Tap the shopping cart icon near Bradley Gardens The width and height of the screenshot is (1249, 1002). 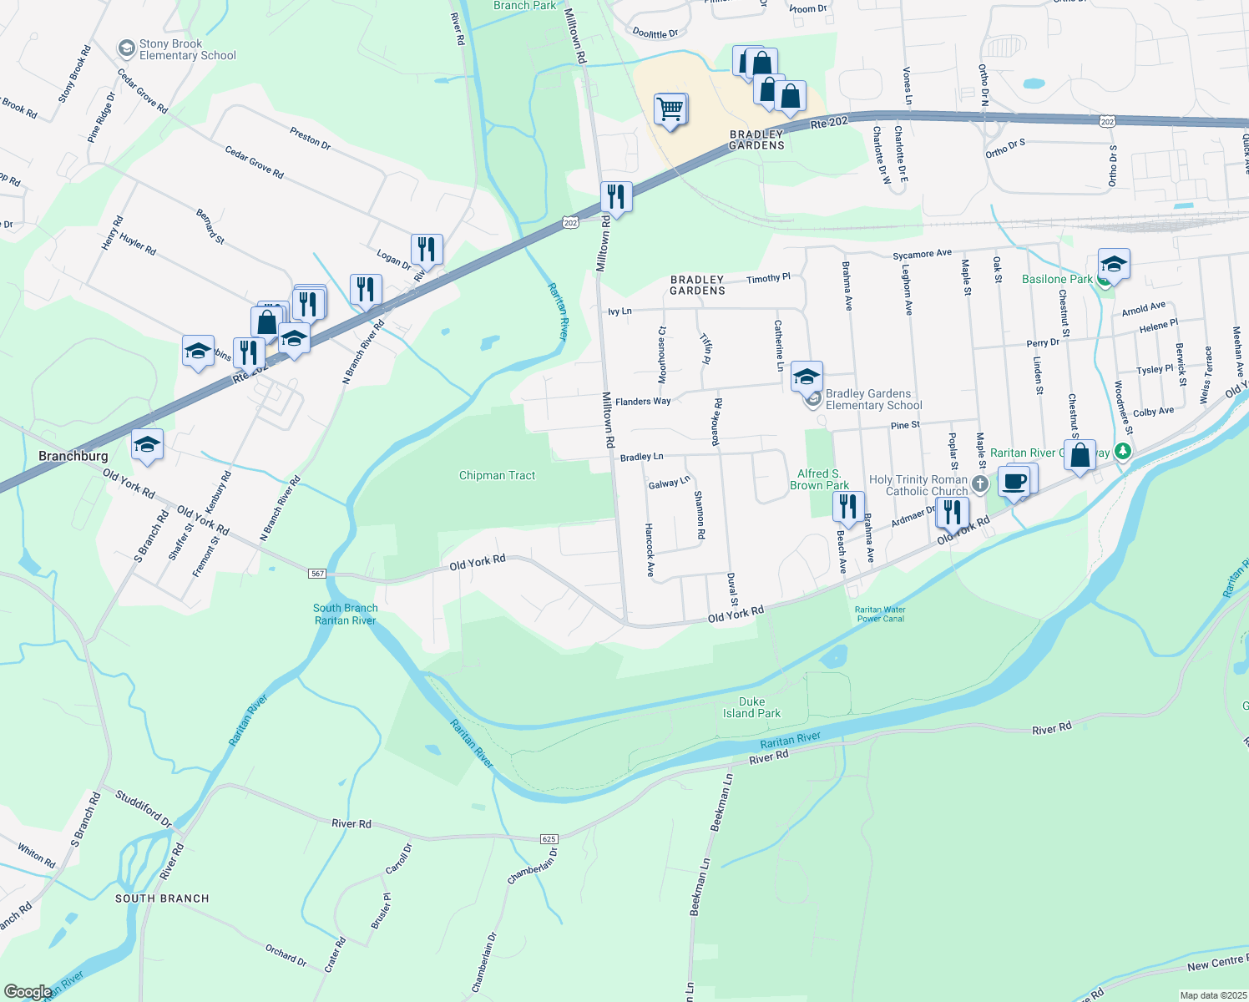(670, 109)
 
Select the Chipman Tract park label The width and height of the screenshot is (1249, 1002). (497, 475)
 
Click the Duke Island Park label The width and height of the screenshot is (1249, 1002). (751, 707)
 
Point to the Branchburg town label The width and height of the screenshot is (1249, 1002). (73, 456)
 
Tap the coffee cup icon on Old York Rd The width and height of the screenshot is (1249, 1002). (1014, 483)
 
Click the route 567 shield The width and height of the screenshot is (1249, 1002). (316, 574)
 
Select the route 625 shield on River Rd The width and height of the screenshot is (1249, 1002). (549, 839)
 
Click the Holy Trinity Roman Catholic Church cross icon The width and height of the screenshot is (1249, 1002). (980, 484)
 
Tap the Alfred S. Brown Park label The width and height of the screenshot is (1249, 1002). (819, 479)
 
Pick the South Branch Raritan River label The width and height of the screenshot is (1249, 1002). (345, 614)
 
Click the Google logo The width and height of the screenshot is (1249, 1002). (28, 992)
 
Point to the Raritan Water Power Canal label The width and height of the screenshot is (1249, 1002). (880, 614)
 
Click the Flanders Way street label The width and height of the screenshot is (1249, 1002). (643, 402)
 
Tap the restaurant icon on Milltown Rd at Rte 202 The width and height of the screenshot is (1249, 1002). (616, 198)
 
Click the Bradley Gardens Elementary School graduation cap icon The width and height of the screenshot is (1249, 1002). (807, 377)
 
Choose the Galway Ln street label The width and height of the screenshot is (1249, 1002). (669, 483)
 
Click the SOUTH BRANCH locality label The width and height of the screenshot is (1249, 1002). (162, 898)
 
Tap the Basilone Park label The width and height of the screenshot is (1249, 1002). (1057, 279)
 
